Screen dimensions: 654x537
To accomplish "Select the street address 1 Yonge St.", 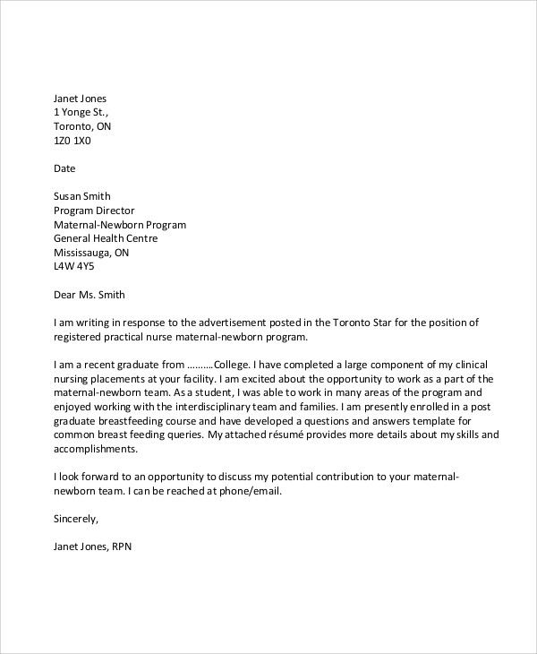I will click(81, 112).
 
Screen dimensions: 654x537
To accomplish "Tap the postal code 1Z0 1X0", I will click(72, 141).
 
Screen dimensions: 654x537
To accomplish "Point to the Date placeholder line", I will click(65, 168).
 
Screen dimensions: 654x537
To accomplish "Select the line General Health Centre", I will click(106, 239).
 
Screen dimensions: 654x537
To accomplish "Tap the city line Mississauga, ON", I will click(91, 254).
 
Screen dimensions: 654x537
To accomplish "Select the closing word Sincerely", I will click(76, 519).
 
